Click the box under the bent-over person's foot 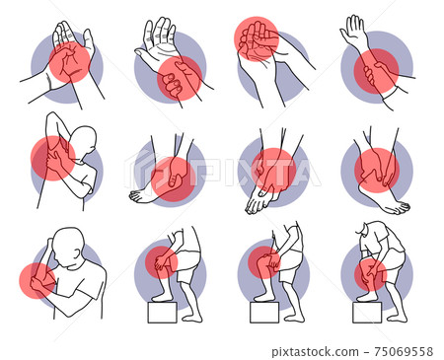click(367, 312)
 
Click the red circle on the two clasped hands click(257, 38)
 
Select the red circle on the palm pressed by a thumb click(70, 60)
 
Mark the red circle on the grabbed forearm click(375, 71)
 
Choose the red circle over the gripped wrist click(179, 77)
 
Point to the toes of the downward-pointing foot click(256, 206)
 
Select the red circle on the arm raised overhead click(52, 158)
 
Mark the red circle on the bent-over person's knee click(370, 275)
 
